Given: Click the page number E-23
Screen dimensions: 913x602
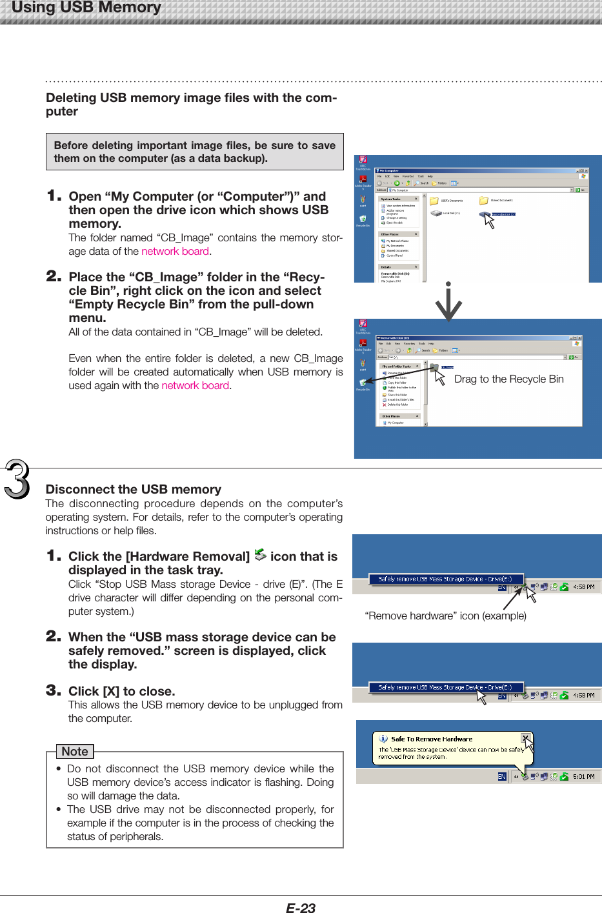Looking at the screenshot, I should (300, 907).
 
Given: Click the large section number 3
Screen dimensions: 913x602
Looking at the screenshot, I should (17, 480).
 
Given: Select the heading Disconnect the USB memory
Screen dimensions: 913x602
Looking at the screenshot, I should (133, 489).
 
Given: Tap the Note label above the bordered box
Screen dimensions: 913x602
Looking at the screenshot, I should (75, 751).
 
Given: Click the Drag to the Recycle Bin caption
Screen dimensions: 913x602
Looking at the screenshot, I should (508, 379).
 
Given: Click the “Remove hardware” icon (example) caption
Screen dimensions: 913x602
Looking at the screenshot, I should (445, 616).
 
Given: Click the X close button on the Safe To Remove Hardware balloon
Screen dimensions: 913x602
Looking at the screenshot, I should (525, 737).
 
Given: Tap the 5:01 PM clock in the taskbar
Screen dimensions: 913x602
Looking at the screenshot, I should (583, 776).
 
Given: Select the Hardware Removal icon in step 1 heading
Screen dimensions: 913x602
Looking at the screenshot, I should (260, 555).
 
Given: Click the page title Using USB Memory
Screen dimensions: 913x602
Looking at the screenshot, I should (86, 8).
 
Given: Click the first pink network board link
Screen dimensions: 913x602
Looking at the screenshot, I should (175, 251).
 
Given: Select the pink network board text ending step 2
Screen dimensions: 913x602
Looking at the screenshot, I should (195, 385).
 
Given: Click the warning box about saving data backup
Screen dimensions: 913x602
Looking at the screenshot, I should (194, 152).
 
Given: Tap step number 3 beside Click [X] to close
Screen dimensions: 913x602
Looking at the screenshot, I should (54, 690).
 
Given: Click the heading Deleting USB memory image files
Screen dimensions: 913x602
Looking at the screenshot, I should (191, 104).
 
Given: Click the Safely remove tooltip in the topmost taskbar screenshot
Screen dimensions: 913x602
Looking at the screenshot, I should (445, 579).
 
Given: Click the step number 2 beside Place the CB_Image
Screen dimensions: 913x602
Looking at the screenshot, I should (54, 276).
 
